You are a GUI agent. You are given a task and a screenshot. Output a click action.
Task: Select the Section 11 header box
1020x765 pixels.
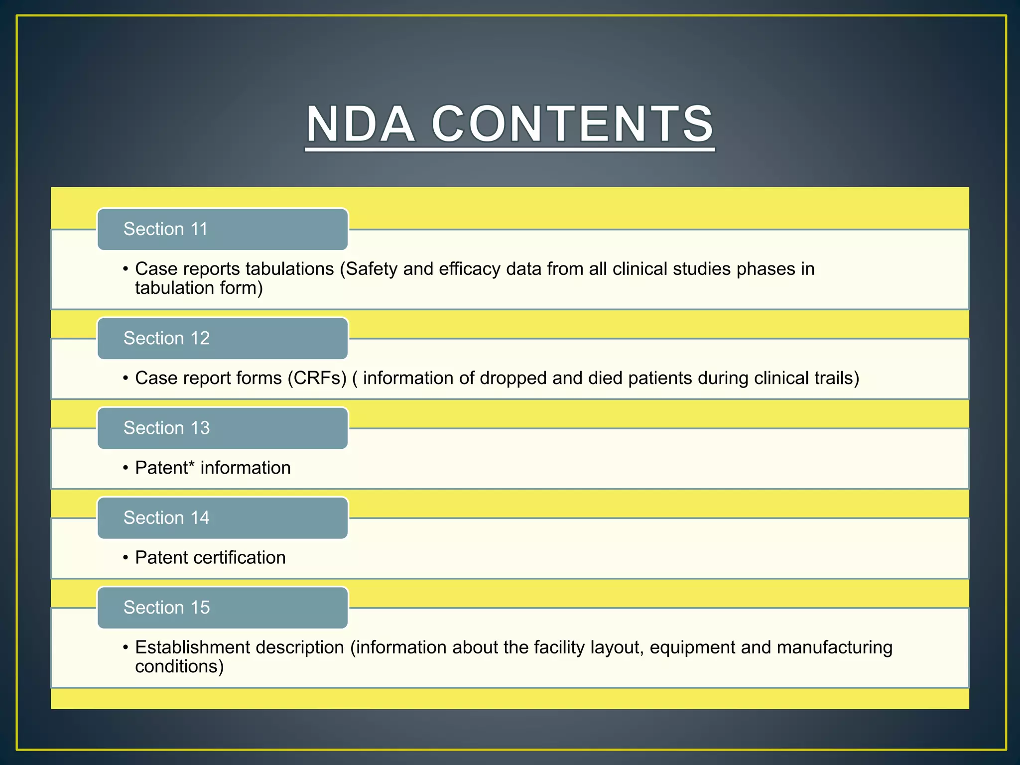coord(222,229)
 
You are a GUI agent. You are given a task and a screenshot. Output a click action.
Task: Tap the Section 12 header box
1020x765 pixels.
coord(222,338)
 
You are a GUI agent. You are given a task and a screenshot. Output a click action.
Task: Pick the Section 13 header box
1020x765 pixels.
coord(222,428)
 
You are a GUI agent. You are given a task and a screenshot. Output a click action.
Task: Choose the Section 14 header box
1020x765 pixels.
coord(222,518)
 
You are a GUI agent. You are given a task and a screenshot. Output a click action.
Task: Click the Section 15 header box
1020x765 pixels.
coord(222,608)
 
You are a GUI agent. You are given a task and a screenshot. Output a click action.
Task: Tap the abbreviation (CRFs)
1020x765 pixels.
coord(317,378)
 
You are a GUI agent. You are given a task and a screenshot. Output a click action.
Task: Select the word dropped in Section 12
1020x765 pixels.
coord(513,378)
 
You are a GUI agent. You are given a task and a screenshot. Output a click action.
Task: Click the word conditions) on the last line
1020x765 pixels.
coord(179,666)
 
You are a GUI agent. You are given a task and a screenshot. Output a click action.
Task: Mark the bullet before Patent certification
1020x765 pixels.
coord(126,558)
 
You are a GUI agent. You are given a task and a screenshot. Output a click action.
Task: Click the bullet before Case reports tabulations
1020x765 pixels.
coord(126,269)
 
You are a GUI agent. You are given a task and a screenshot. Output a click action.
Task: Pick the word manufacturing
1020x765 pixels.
coord(834,647)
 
